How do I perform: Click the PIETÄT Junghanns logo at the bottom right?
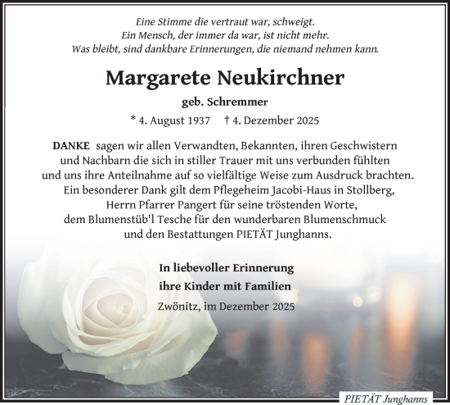tap(398, 396)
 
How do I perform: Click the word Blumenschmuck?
tap(347, 220)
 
